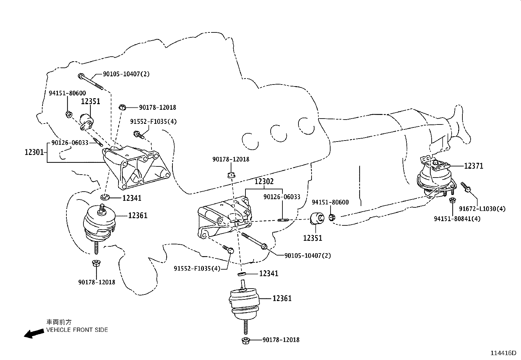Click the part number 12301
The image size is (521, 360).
coord(34,152)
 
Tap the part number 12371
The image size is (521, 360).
coord(473,166)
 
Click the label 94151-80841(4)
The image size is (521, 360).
coord(457,218)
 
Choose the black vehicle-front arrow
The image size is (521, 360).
coord(34,333)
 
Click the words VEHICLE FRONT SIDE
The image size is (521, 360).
coord(77,330)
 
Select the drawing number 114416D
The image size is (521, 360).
coord(503,353)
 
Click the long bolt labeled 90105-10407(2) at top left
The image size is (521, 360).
coord(90,81)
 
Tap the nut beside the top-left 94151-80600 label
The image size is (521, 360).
coord(69,114)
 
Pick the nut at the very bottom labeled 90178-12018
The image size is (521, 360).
coord(246,340)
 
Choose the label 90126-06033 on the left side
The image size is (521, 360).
coord(70,143)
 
